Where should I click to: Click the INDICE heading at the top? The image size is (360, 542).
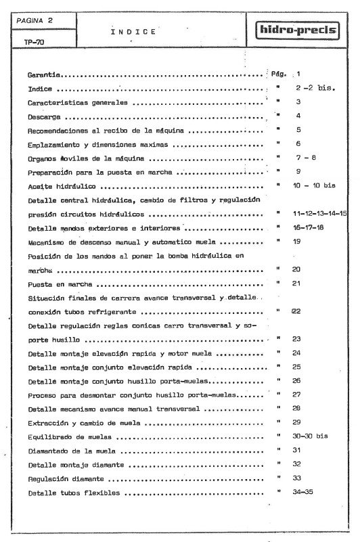pyautogui.click(x=133, y=31)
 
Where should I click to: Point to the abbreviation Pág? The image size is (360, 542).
pyautogui.click(x=279, y=74)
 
